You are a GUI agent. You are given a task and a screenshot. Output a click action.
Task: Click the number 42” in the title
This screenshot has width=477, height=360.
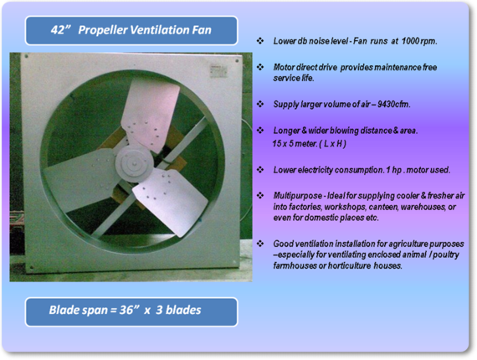(60, 30)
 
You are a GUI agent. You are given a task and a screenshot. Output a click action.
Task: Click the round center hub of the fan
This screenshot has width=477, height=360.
(134, 164)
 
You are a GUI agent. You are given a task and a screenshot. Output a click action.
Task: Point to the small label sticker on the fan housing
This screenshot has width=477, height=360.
(218, 71)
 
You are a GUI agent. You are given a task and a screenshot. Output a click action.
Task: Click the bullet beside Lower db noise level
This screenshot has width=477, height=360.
(260, 41)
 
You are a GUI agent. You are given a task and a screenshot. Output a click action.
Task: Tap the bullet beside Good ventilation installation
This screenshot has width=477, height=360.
(260, 244)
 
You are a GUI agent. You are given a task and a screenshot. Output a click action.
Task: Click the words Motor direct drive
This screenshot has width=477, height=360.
(305, 67)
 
